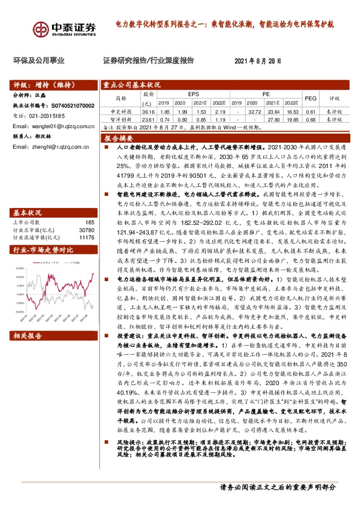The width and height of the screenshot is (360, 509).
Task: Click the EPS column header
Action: pyautogui.click(x=193, y=95)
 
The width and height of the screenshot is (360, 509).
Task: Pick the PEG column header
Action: pyautogui.click(x=310, y=98)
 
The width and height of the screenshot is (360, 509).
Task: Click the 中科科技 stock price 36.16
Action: pyautogui.click(x=148, y=112)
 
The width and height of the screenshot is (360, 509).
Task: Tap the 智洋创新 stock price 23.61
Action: pyautogui.click(x=148, y=120)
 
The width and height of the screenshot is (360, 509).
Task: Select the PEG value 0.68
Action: pyautogui.click(x=310, y=120)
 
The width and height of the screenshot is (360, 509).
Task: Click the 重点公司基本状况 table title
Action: pyautogui.click(x=131, y=85)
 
